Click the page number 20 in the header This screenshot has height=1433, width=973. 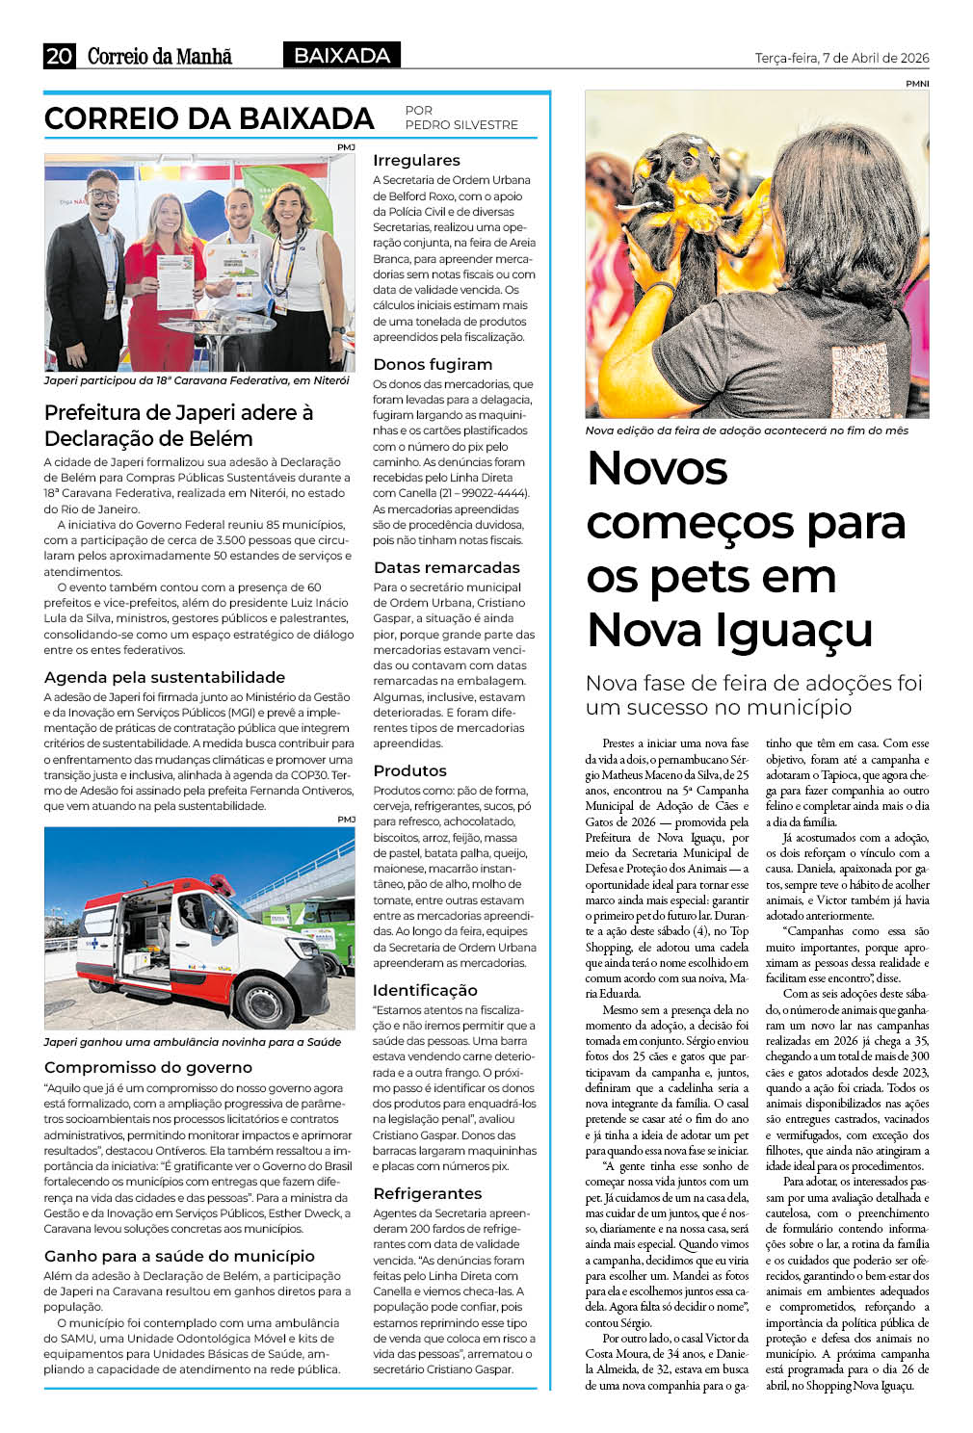(x=59, y=56)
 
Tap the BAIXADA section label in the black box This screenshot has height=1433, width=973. (x=342, y=56)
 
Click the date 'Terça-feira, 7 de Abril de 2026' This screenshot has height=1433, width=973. (x=842, y=58)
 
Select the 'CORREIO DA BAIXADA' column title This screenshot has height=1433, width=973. (x=209, y=118)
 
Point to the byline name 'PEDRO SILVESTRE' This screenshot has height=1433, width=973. (x=461, y=125)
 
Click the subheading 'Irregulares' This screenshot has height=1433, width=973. (x=416, y=160)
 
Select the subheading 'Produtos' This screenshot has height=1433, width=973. (x=409, y=770)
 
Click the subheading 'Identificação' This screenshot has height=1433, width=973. (x=425, y=990)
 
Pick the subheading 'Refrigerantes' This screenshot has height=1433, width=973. (x=427, y=1193)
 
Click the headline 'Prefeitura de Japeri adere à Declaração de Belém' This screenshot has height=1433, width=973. (x=178, y=425)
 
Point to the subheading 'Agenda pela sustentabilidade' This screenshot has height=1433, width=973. (x=165, y=677)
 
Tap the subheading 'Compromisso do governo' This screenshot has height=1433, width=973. (x=148, y=1067)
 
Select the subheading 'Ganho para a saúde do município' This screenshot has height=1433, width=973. (x=179, y=1256)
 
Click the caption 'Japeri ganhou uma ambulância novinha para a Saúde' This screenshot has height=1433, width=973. (x=193, y=1042)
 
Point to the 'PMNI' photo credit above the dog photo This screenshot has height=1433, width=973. (x=916, y=84)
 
